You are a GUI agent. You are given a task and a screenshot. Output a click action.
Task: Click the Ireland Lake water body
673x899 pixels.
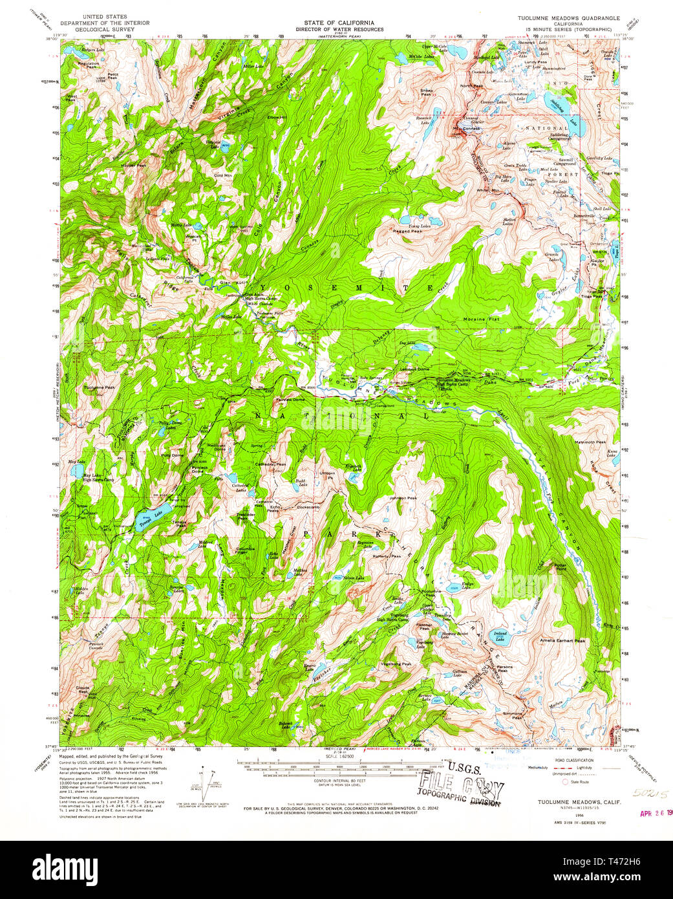pos(501,637)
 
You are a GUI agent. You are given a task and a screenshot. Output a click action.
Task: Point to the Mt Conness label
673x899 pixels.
pos(468,128)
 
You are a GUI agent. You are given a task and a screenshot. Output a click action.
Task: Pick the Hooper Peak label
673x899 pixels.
pos(133,166)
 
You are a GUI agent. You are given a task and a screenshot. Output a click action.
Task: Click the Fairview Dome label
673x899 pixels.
pos(291,400)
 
